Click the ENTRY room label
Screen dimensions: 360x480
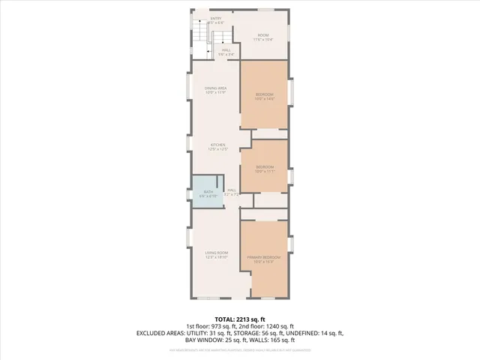[x=216, y=18]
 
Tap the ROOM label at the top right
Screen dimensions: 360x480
[x=262, y=35]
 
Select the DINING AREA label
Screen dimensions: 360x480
[x=216, y=88]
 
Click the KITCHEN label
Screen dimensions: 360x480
[x=217, y=145]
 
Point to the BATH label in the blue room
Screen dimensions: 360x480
[x=208, y=193]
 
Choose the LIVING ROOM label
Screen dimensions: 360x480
[x=217, y=253]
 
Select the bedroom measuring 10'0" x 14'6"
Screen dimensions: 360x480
[x=265, y=96]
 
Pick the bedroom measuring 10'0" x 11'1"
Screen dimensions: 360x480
[x=265, y=168]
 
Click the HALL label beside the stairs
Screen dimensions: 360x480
[x=225, y=50]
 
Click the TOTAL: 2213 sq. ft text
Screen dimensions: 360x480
[x=240, y=319]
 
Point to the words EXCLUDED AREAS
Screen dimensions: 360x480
[x=160, y=332]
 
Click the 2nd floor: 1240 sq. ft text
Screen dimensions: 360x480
[x=267, y=325]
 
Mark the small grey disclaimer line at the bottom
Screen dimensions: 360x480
[x=240, y=349]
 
